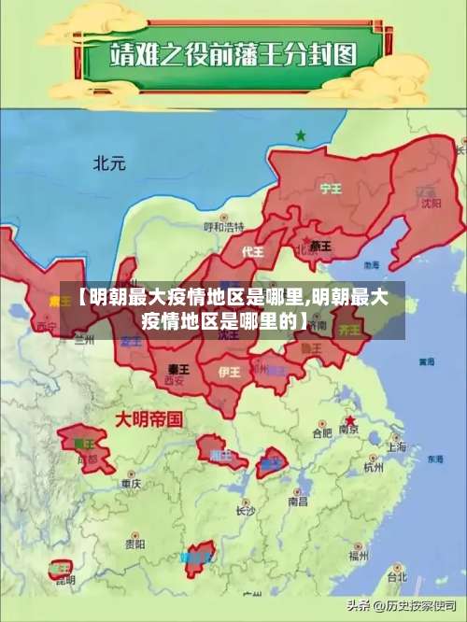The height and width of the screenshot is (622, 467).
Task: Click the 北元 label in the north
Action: (x=109, y=163)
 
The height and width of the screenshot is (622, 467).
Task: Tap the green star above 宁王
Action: (x=301, y=135)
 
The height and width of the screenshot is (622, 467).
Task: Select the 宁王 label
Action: (x=331, y=188)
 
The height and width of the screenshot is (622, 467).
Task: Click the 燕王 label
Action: (x=320, y=247)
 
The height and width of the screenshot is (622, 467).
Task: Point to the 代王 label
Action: (x=253, y=252)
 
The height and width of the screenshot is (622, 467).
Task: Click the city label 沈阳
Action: (x=431, y=202)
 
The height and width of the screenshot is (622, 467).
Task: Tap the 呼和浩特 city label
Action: (x=224, y=227)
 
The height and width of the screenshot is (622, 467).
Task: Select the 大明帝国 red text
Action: (x=148, y=418)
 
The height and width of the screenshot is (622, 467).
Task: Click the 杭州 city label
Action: (x=374, y=466)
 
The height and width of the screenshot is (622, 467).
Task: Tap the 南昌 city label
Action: (x=298, y=501)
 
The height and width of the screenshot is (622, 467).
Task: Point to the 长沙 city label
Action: (x=245, y=510)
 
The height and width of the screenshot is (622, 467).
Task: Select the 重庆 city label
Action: (x=131, y=484)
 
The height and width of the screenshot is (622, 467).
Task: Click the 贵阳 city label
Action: (x=135, y=542)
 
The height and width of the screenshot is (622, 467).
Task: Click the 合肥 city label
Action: (x=322, y=432)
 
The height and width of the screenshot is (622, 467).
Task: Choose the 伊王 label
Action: (x=229, y=372)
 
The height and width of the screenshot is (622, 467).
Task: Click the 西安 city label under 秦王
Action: (x=174, y=381)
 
